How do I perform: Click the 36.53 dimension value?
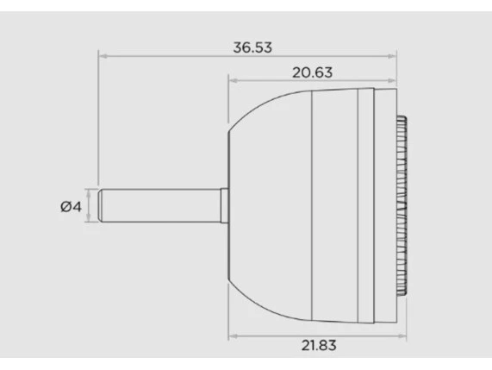click(252, 47)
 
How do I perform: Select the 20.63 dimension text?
click(312, 72)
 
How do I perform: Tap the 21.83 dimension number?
click(319, 346)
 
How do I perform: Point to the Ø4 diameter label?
click(71, 207)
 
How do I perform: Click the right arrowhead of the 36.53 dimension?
click(392, 56)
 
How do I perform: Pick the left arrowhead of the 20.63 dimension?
click(234, 81)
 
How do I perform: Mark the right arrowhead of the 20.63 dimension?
click(392, 81)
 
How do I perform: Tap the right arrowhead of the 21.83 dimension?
click(402, 336)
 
